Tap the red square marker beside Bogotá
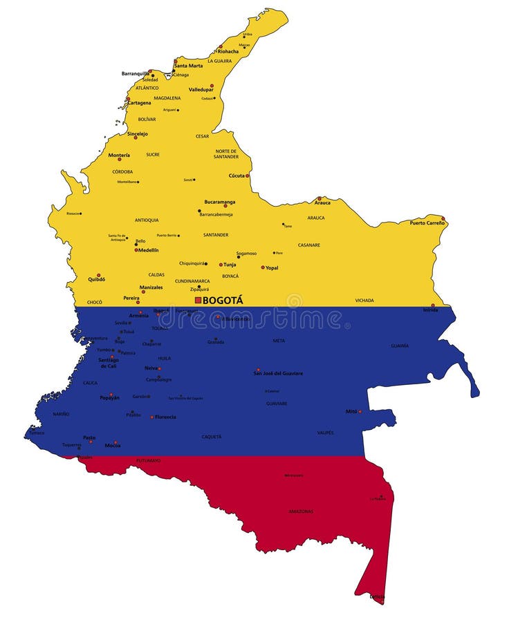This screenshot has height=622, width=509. pyautogui.click(x=198, y=300)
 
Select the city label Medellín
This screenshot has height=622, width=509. pyautogui.click(x=149, y=250)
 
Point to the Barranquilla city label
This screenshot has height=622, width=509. pyautogui.click(x=136, y=73)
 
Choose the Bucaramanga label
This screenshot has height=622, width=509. pyautogui.click(x=219, y=202)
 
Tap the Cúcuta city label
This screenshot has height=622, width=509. pyautogui.click(x=237, y=176)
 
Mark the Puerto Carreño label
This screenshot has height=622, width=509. pyautogui.click(x=427, y=223)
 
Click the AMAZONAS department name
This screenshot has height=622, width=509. pyautogui.click(x=301, y=511)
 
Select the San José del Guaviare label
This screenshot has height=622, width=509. pyautogui.click(x=278, y=373)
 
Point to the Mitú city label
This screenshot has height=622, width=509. pyautogui.click(x=351, y=411)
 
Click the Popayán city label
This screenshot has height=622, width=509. pyautogui.click(x=109, y=398)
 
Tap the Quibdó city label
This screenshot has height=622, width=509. pyautogui.click(x=97, y=279)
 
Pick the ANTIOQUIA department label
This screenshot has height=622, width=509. pyautogui.click(x=147, y=220)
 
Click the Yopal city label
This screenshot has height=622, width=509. pyautogui.click(x=272, y=267)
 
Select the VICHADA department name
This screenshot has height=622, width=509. pyautogui.click(x=364, y=300)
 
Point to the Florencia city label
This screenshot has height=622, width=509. pyautogui.click(x=165, y=417)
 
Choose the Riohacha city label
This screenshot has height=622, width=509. pyautogui.click(x=228, y=51)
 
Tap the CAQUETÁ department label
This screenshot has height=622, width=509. pyautogui.click(x=212, y=437)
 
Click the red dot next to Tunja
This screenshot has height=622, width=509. pyautogui.click(x=221, y=265)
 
